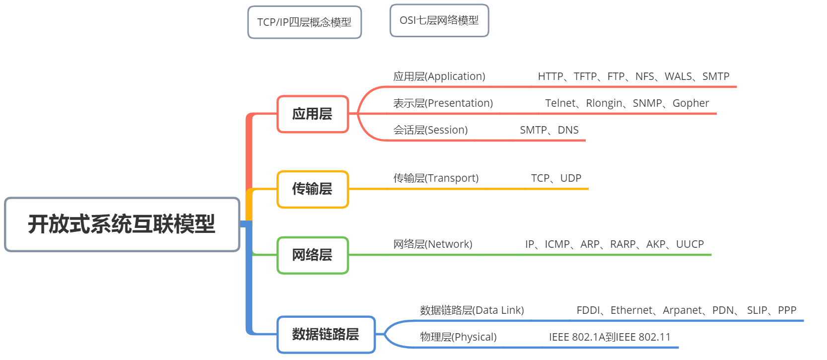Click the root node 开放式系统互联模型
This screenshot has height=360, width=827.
point(122,224)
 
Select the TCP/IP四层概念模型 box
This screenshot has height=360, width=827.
point(304,22)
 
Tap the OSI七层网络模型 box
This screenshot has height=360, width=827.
point(439,20)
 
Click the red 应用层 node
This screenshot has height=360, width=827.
point(312,114)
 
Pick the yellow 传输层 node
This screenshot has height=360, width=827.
point(312,189)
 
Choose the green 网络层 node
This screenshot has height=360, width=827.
point(312,255)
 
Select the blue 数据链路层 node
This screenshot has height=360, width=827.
point(326,335)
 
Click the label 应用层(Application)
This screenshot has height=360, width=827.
point(439,76)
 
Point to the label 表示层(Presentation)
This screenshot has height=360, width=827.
point(443,103)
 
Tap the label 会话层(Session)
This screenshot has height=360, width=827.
point(430,130)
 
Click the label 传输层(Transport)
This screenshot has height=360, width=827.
point(436,178)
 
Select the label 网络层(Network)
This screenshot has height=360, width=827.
point(432,244)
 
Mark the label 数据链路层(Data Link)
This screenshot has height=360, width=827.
point(472,310)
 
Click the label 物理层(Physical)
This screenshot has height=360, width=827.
point(458,337)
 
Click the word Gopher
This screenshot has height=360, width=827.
point(690,103)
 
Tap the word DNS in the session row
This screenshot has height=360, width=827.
point(568,130)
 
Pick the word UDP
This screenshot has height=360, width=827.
point(570,178)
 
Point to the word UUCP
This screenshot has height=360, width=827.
point(689,244)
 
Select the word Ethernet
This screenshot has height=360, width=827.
point(631,310)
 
